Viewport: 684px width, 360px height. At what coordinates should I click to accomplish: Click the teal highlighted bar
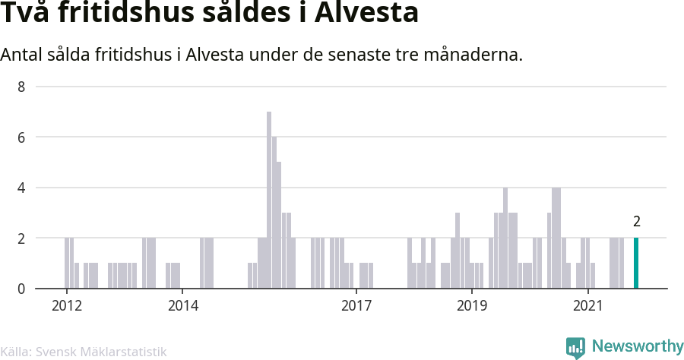pyautogui.click(x=636, y=263)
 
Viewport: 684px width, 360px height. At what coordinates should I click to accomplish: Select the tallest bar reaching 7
pyautogui.click(x=269, y=200)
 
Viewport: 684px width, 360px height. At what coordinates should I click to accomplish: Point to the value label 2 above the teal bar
pyautogui.click(x=637, y=223)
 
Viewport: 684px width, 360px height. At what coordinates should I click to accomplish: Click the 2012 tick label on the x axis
pyautogui.click(x=66, y=306)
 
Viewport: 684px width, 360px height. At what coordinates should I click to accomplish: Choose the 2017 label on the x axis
pyautogui.click(x=356, y=306)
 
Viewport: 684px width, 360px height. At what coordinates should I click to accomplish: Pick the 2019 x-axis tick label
pyautogui.click(x=472, y=306)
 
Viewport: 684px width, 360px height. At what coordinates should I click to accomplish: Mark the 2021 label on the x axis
pyautogui.click(x=588, y=306)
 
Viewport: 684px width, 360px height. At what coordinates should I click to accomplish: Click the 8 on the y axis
pyautogui.click(x=22, y=87)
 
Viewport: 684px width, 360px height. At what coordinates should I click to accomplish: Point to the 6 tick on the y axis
pyautogui.click(x=22, y=137)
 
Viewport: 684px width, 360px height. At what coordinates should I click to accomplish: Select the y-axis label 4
pyautogui.click(x=22, y=188)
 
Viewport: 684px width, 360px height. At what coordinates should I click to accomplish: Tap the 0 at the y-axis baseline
pyautogui.click(x=22, y=289)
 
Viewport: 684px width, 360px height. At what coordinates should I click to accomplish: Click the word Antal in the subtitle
pyautogui.click(x=21, y=55)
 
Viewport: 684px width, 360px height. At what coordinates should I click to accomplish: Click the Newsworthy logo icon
pyautogui.click(x=576, y=347)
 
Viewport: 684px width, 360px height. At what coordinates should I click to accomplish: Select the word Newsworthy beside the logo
pyautogui.click(x=638, y=347)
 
